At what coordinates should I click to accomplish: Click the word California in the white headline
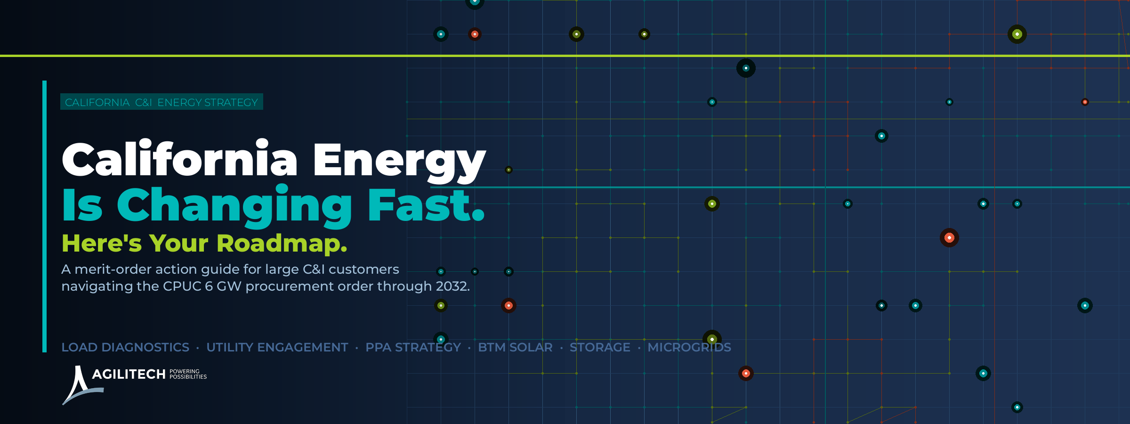(179, 158)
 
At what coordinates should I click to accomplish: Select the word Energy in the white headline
(399, 162)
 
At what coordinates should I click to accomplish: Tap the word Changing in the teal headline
(234, 206)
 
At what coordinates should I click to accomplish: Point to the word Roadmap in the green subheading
(282, 244)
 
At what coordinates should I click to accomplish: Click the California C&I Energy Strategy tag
(161, 102)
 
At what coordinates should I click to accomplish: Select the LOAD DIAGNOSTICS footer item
(125, 347)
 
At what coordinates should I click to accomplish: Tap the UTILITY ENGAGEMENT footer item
(277, 347)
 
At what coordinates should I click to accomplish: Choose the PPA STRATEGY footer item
(413, 347)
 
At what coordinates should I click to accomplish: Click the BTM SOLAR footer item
(515, 347)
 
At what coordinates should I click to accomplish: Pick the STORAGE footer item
(600, 347)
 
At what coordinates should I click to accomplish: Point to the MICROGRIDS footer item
(689, 347)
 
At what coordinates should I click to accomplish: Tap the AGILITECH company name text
(129, 374)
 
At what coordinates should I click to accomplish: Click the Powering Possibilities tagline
(188, 374)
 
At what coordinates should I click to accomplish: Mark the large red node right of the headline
(949, 237)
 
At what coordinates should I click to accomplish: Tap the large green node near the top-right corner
(1017, 34)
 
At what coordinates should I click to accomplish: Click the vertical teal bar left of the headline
(44, 216)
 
